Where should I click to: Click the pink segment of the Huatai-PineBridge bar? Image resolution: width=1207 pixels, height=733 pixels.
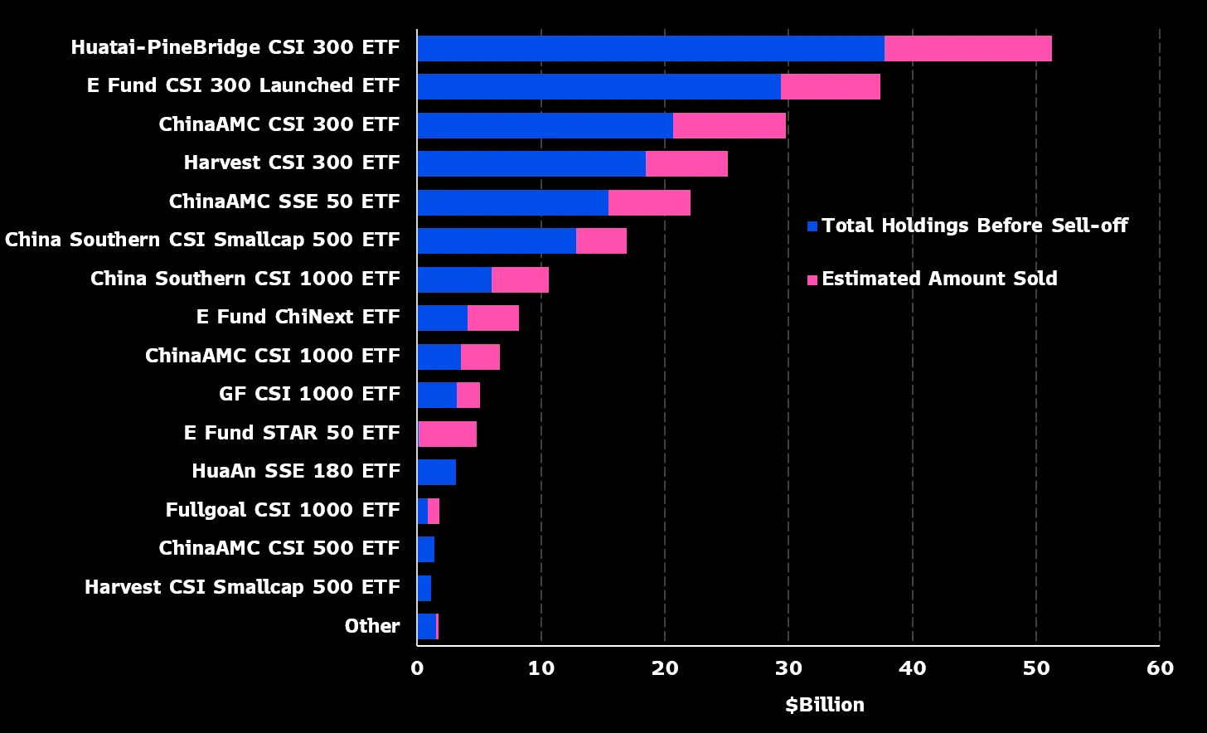point(967,48)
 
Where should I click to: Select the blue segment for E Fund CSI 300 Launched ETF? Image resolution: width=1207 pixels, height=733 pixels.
point(599,86)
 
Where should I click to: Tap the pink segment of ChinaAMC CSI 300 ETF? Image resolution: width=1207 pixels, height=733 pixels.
point(729,125)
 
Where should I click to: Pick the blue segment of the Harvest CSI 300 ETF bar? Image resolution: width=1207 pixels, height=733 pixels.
point(531,163)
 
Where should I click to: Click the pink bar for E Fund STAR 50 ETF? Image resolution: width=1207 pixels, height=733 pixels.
point(448,434)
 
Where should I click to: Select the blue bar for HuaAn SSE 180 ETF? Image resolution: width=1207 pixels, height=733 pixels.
point(436,472)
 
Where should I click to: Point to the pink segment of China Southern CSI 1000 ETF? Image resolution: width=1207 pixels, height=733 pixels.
point(520,279)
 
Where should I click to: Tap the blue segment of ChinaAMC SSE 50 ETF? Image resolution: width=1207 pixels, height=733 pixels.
point(512,202)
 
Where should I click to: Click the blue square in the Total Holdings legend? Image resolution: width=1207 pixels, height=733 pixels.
point(812,226)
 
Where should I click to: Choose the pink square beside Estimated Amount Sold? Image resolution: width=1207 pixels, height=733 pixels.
point(812,280)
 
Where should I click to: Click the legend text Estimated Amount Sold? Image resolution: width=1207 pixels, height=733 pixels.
point(939,279)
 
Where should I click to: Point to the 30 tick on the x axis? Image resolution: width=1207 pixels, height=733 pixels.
point(788,668)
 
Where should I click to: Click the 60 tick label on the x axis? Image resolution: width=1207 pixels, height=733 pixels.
point(1160,668)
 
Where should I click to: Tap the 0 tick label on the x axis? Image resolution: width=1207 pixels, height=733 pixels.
point(417,668)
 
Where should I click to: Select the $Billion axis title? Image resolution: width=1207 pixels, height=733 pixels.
point(824,705)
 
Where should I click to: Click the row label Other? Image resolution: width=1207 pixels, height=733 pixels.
point(372,626)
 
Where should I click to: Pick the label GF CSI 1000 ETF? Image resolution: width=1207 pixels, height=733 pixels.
point(309,395)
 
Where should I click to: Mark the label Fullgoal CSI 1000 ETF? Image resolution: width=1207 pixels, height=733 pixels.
point(283,510)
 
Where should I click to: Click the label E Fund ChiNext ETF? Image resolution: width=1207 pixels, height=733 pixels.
point(298,318)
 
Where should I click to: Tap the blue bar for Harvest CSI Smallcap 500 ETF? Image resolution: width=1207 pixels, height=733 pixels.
point(424,588)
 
